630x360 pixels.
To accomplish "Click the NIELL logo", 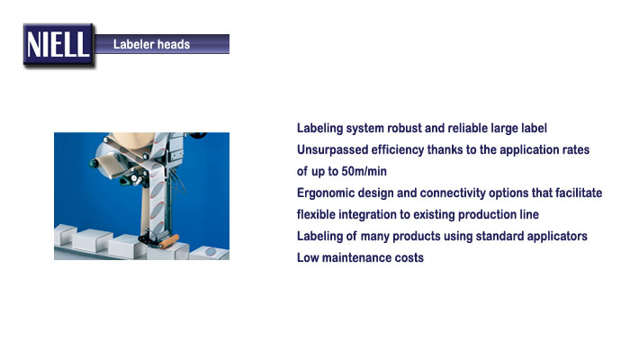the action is pyautogui.click(x=58, y=45).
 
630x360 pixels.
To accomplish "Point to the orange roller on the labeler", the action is pyautogui.click(x=169, y=241).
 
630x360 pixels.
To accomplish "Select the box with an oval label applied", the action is pyautogui.click(x=210, y=253).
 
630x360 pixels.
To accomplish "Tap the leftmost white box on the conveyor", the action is pyautogui.click(x=64, y=234).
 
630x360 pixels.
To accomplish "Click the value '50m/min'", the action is pyautogui.click(x=364, y=172).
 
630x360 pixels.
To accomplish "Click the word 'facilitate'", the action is pyautogui.click(x=579, y=193).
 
